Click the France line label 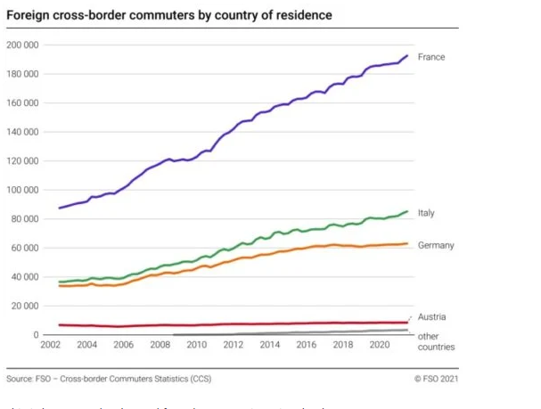tap(431, 57)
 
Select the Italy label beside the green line tap(426, 213)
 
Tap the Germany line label tap(436, 245)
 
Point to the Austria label tap(431, 316)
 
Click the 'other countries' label tap(436, 341)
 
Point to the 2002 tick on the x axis tap(50, 345)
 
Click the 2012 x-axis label tap(233, 345)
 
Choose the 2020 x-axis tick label tap(379, 345)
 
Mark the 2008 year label tap(160, 345)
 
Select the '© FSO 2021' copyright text tap(437, 379)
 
